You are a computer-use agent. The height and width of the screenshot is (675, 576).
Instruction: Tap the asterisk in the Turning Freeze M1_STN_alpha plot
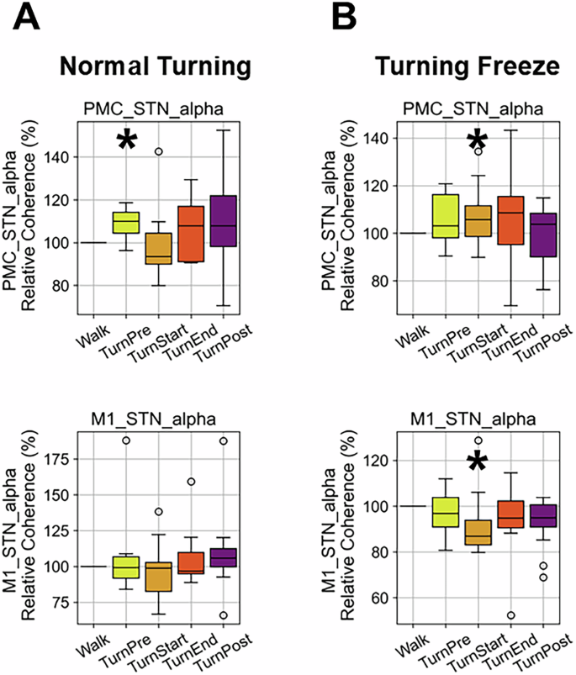point(478,461)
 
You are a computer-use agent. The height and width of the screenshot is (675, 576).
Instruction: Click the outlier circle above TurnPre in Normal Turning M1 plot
point(126,440)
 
